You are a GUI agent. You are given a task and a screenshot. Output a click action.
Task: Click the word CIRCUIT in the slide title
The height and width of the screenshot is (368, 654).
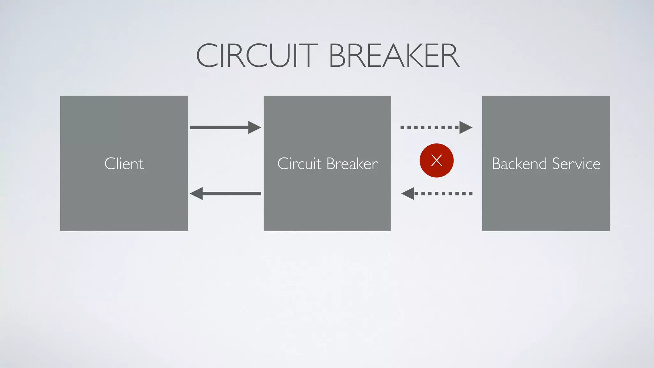click(257, 56)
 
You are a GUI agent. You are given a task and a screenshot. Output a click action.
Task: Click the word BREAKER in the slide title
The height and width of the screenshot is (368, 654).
click(394, 56)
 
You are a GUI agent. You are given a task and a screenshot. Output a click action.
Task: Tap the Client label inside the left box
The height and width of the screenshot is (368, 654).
click(124, 164)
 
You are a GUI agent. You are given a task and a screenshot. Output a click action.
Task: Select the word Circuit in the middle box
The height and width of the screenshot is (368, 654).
click(299, 164)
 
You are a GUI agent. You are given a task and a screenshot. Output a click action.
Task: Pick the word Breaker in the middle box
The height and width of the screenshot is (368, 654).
click(352, 164)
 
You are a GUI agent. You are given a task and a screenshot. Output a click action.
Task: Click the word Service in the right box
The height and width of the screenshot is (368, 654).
click(576, 164)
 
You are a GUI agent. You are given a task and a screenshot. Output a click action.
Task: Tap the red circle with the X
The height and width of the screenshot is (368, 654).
click(437, 160)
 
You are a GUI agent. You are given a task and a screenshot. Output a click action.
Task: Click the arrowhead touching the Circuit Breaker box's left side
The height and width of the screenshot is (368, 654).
click(255, 127)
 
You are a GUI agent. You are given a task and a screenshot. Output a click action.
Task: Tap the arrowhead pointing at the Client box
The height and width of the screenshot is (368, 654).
click(196, 194)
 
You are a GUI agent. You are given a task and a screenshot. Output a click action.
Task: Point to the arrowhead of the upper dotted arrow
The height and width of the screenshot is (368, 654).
click(465, 127)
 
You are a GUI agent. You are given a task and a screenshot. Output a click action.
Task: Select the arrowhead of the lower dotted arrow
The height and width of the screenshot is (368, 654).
click(408, 194)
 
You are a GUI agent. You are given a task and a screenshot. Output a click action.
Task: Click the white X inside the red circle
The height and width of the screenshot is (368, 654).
click(437, 160)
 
